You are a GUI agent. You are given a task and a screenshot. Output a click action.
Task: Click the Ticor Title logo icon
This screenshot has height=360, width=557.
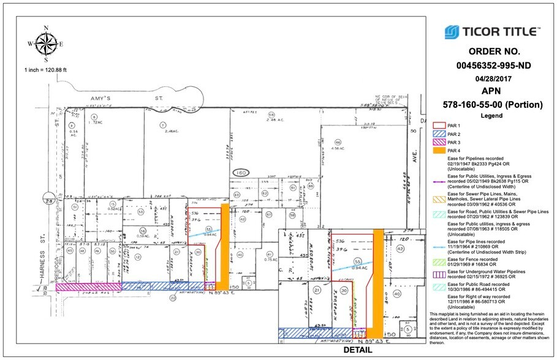(452, 31)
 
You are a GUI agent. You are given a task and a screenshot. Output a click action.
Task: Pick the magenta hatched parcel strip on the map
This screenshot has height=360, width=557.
(89, 286)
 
